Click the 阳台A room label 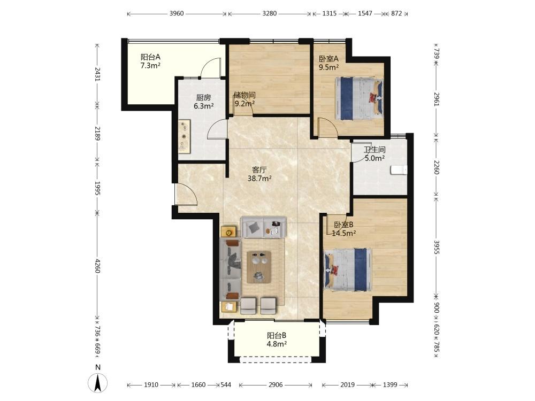(x=150, y=57)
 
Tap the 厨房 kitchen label (x=203, y=97)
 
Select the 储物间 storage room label (x=244, y=95)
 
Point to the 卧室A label (x=328, y=59)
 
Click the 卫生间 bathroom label (x=374, y=150)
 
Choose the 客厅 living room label (x=259, y=169)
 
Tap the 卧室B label (x=343, y=225)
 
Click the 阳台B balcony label (x=277, y=336)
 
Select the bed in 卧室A (x=360, y=98)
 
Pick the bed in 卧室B (x=347, y=269)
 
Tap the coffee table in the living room (x=259, y=267)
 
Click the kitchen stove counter (x=184, y=136)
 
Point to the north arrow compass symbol (x=97, y=383)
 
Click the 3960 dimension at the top (x=177, y=14)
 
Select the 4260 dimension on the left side (x=97, y=266)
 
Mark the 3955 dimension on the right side (x=437, y=247)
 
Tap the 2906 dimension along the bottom (x=276, y=385)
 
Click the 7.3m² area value (x=150, y=66)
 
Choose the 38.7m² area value (x=259, y=179)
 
